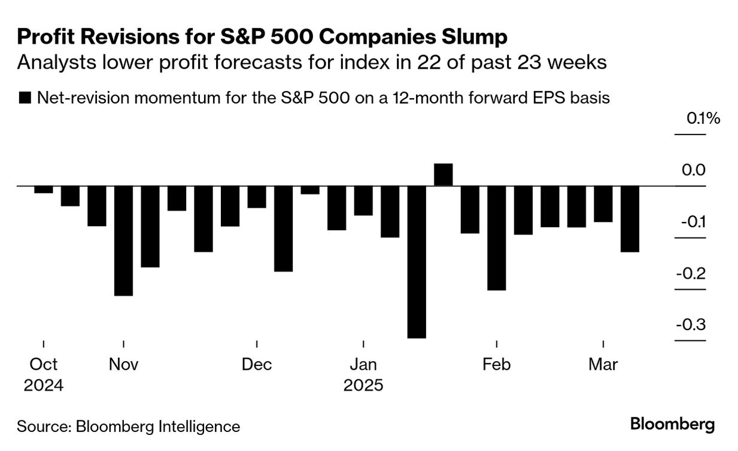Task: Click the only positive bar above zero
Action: pyautogui.click(x=443, y=175)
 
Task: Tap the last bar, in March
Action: pyautogui.click(x=630, y=219)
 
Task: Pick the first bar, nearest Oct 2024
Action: pyautogui.click(x=44, y=190)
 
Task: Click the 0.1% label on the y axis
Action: pyautogui.click(x=703, y=119)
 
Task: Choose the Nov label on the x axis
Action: pyautogui.click(x=123, y=364)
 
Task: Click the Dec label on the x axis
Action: pyautogui.click(x=257, y=364)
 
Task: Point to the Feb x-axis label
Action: pyautogui.click(x=496, y=364)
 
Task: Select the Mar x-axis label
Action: pyautogui.click(x=603, y=364)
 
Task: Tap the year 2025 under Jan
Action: pyautogui.click(x=363, y=386)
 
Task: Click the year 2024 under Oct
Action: pyautogui.click(x=44, y=386)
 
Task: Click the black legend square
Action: pyautogui.click(x=25, y=98)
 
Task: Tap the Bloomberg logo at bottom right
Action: pyautogui.click(x=672, y=425)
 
